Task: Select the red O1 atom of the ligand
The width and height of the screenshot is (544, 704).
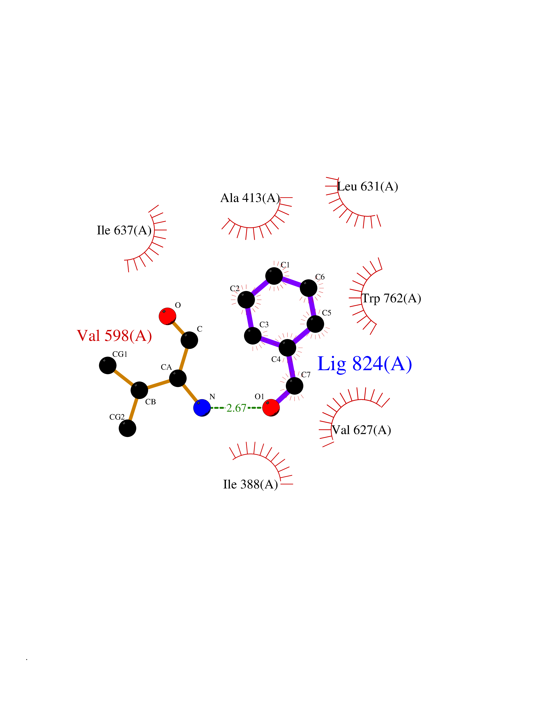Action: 271,408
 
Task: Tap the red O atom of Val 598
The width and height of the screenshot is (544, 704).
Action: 168,316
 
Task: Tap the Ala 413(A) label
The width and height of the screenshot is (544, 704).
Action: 250,198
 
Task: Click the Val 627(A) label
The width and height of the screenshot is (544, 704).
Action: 361,430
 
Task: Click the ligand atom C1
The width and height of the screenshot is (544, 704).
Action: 274,276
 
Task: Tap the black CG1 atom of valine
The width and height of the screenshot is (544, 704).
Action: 108,366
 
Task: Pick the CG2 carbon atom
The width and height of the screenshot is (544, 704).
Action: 128,428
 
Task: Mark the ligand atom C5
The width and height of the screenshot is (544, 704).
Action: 315,324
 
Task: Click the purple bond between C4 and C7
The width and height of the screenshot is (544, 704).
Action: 291,366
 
